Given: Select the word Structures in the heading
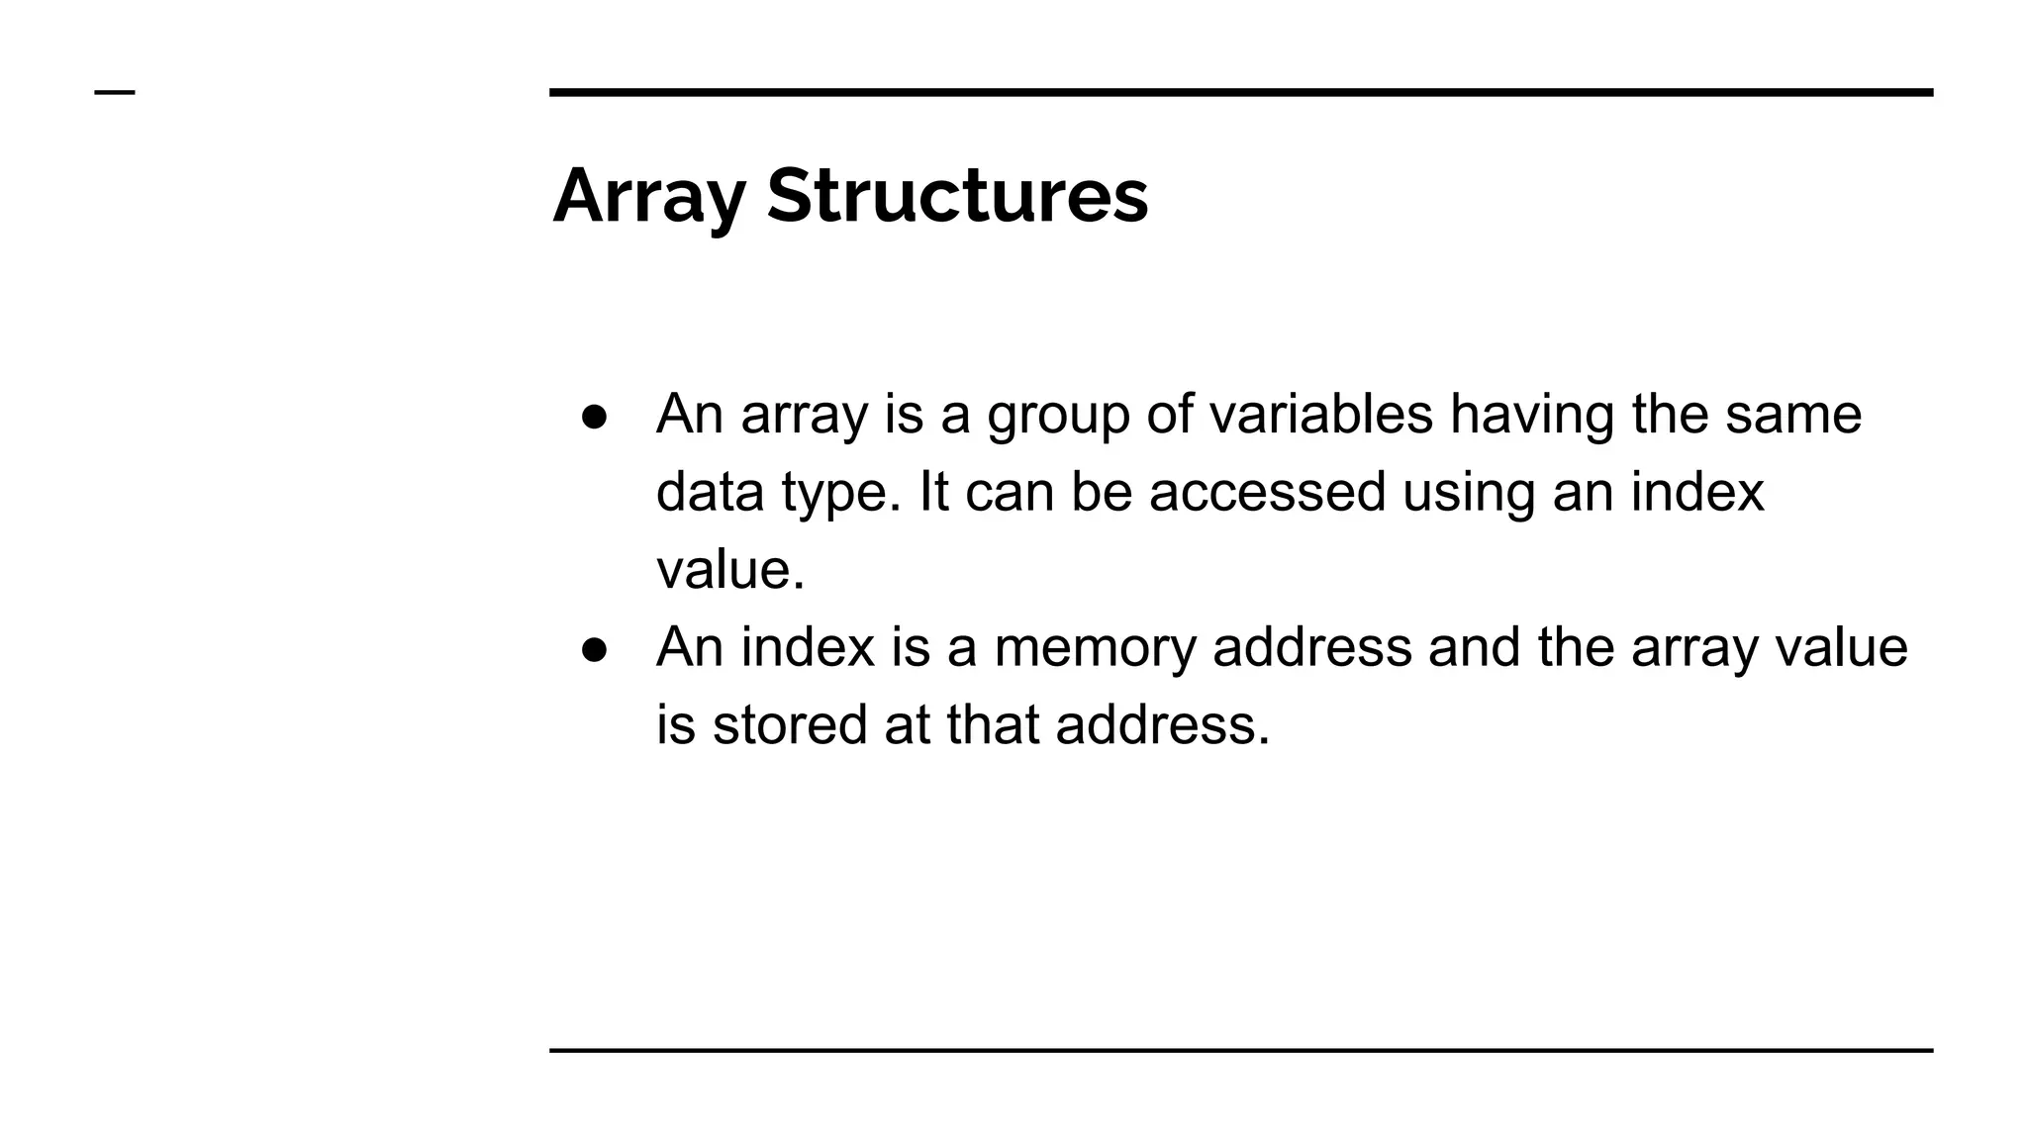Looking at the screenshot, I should [x=957, y=196].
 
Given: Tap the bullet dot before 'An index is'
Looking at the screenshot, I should [x=594, y=648].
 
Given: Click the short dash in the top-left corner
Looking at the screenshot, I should [x=115, y=93].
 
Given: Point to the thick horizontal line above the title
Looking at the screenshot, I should [x=1241, y=92].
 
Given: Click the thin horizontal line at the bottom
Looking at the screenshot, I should [x=1241, y=1050].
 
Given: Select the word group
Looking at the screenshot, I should [x=1058, y=415].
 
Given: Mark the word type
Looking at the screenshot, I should [x=840, y=493].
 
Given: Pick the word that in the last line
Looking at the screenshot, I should [x=992, y=724].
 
